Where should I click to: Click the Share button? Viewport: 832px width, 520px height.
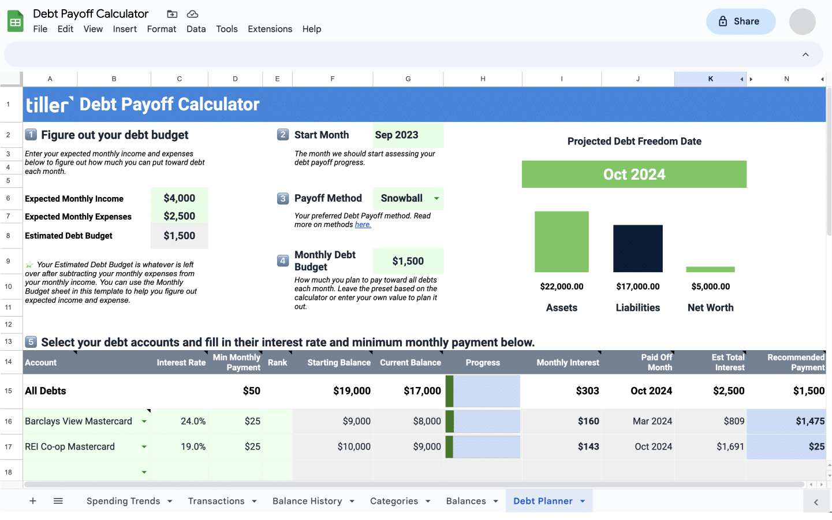(x=740, y=21)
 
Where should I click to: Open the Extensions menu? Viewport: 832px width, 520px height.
(x=270, y=29)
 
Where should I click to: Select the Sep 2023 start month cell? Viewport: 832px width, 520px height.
(x=408, y=135)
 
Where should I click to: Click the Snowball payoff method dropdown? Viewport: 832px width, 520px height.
(x=408, y=198)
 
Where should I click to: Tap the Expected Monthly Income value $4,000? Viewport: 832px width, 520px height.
(x=179, y=198)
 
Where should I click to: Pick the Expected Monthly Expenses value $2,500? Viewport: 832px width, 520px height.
(x=179, y=216)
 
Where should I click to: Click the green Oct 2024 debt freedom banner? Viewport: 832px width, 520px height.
(x=634, y=174)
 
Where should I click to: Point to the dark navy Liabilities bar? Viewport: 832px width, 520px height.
(x=637, y=248)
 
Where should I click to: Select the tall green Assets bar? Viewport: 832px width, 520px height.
(x=561, y=242)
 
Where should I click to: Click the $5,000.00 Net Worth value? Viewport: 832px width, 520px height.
(x=710, y=287)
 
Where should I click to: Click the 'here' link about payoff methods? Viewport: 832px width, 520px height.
(x=363, y=225)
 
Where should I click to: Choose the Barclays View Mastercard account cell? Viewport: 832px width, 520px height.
(x=79, y=421)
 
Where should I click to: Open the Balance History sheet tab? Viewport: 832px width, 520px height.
(x=307, y=501)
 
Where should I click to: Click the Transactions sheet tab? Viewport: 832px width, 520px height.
(x=216, y=501)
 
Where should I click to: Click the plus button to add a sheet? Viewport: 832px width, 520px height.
(x=33, y=501)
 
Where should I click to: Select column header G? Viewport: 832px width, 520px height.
(x=408, y=79)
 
